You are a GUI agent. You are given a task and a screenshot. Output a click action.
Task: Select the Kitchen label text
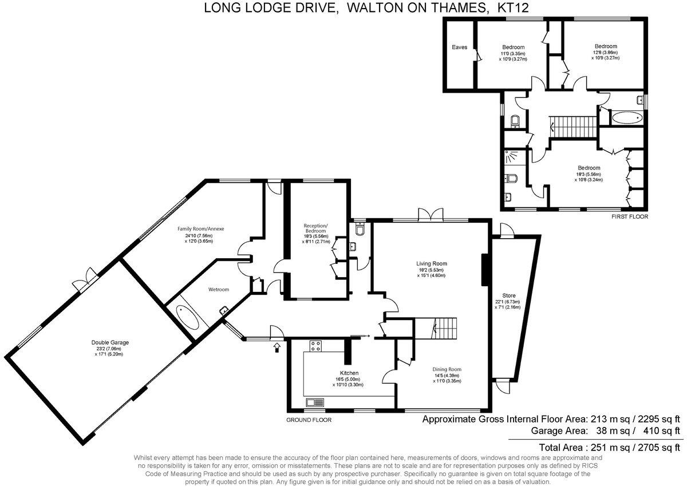(x=349, y=373)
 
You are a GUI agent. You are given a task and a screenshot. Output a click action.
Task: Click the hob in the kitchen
(x=315, y=346)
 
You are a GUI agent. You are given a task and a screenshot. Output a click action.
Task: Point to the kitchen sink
(x=314, y=402)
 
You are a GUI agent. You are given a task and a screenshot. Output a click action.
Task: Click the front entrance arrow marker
(x=278, y=346)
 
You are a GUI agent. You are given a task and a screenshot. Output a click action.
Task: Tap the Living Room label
(x=431, y=264)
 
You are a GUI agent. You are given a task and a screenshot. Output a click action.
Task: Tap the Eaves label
(x=460, y=47)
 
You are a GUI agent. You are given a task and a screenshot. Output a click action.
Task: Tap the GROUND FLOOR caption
(x=309, y=420)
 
